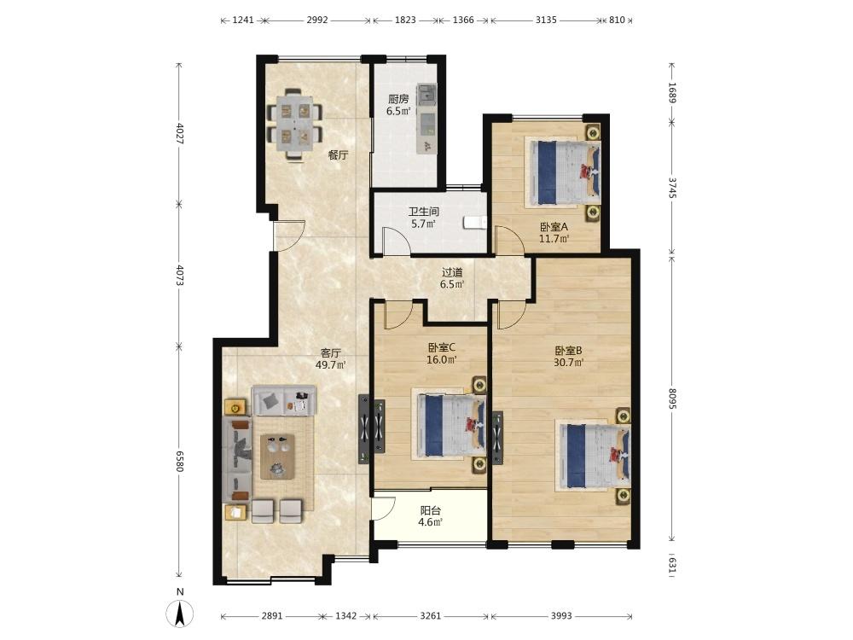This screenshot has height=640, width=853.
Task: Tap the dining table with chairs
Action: click(x=295, y=123)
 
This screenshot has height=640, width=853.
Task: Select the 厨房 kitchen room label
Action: click(x=398, y=99)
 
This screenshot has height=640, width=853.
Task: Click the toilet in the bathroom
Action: click(x=475, y=223)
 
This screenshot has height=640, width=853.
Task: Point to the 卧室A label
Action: click(x=554, y=226)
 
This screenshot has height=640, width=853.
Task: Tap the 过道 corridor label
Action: click(x=451, y=272)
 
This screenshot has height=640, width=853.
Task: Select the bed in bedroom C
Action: click(x=450, y=424)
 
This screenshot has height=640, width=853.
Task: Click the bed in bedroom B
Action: click(x=593, y=455)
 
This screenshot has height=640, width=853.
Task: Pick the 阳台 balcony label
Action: click(x=430, y=510)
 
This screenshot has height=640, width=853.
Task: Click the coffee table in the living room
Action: click(x=280, y=456)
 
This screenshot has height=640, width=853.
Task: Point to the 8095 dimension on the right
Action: click(x=672, y=398)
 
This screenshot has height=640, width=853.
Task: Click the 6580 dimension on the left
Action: click(x=180, y=461)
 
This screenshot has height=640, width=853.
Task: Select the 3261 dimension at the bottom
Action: click(x=430, y=615)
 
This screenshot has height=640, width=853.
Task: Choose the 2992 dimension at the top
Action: click(x=317, y=20)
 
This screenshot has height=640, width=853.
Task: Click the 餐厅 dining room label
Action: click(x=338, y=155)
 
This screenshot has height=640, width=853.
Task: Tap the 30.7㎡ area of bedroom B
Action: click(x=568, y=362)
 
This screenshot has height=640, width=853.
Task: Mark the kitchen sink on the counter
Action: click(x=426, y=94)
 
